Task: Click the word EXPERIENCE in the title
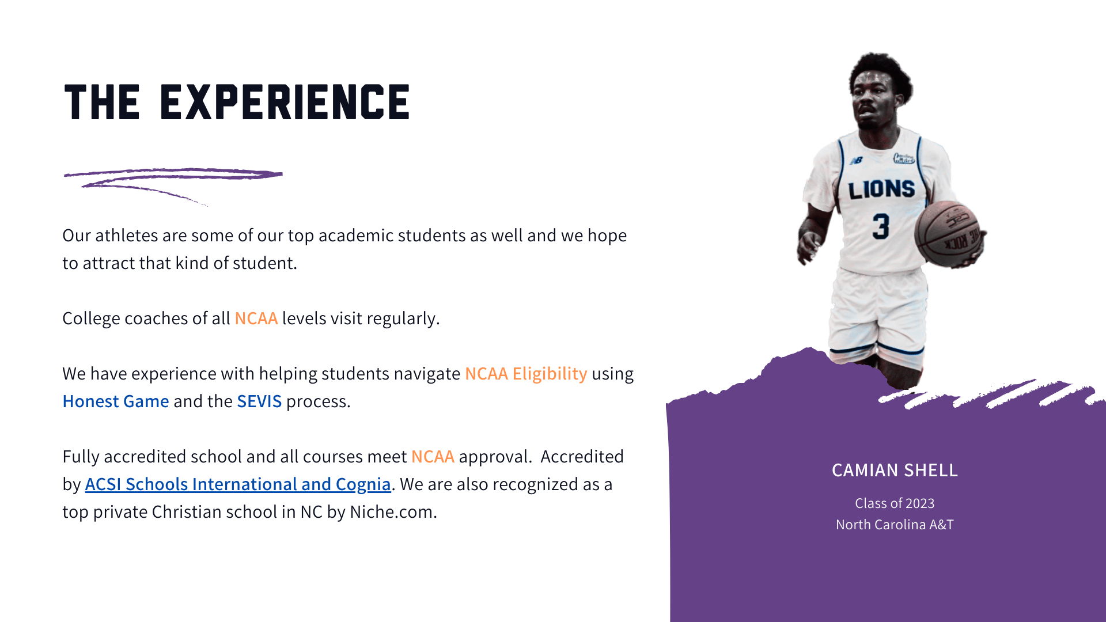pyautogui.click(x=285, y=103)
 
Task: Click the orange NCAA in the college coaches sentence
pyautogui.click(x=256, y=318)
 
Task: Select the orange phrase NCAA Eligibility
pyautogui.click(x=526, y=374)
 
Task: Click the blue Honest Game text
pyautogui.click(x=116, y=401)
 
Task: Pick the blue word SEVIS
pyautogui.click(x=259, y=401)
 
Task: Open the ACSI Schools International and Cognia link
pyautogui.click(x=238, y=484)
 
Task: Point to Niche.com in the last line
pyautogui.click(x=392, y=512)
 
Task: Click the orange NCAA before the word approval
pyautogui.click(x=433, y=457)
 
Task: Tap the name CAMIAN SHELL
pyautogui.click(x=895, y=471)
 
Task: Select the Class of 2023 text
pyautogui.click(x=895, y=503)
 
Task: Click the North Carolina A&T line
pyautogui.click(x=895, y=525)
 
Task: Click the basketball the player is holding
pyautogui.click(x=948, y=233)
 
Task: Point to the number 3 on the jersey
pyautogui.click(x=881, y=226)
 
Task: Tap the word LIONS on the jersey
pyautogui.click(x=881, y=189)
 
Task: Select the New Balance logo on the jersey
pyautogui.click(x=857, y=161)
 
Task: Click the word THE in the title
pyautogui.click(x=102, y=103)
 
